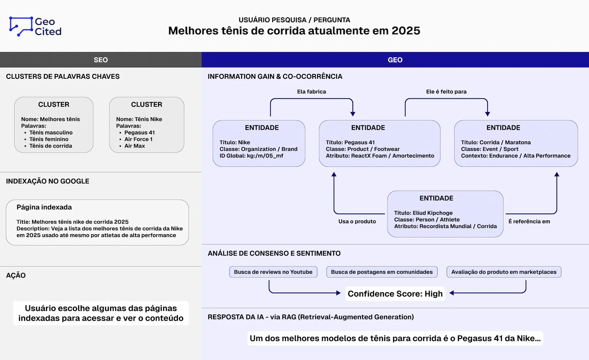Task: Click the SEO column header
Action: [101, 60]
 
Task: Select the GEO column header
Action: [395, 60]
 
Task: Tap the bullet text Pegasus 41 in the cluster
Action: [139, 132]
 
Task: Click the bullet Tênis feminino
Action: [49, 139]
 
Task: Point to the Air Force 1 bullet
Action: [138, 139]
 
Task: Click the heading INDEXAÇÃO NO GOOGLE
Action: [47, 181]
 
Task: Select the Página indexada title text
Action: [44, 207]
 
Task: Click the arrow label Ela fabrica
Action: [312, 92]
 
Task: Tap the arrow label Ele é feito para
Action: [446, 92]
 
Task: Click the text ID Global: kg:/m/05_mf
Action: [251, 156]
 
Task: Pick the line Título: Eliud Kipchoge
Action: [423, 213]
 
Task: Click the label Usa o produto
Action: [357, 221]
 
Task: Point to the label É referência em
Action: [529, 221]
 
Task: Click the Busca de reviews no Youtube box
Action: [273, 272]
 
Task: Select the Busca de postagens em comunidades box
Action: [382, 272]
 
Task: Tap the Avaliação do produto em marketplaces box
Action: [504, 272]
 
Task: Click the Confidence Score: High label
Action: [395, 294]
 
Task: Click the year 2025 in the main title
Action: [406, 31]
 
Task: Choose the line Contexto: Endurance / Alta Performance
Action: [516, 156]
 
